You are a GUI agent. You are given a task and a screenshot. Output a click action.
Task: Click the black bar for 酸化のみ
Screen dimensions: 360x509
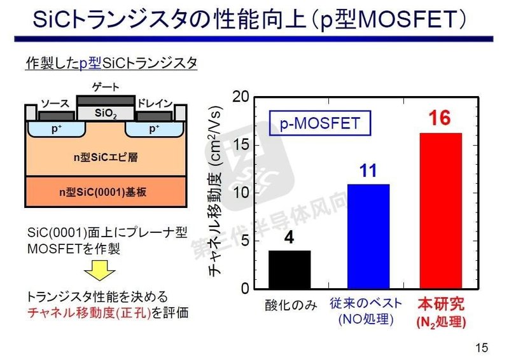coord(289,270)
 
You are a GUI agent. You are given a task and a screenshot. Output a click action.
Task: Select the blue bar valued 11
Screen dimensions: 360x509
coord(368,236)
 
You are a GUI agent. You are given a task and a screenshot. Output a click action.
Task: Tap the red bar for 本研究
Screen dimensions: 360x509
coord(440,211)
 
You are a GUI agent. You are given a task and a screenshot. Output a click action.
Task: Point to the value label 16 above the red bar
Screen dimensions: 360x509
coord(440,118)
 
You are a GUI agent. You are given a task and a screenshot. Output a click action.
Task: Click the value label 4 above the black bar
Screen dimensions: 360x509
coord(289,239)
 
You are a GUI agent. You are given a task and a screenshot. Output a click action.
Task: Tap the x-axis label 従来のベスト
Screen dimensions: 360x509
coord(367,305)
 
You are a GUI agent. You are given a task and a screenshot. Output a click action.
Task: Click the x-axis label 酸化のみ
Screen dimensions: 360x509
coord(290,305)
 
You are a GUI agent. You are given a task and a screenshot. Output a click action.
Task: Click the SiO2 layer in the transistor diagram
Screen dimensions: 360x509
coord(106,113)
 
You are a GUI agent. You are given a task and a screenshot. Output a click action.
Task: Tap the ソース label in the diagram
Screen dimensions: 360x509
coord(55,104)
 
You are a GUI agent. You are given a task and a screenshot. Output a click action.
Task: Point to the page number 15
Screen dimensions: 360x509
coord(482,347)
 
